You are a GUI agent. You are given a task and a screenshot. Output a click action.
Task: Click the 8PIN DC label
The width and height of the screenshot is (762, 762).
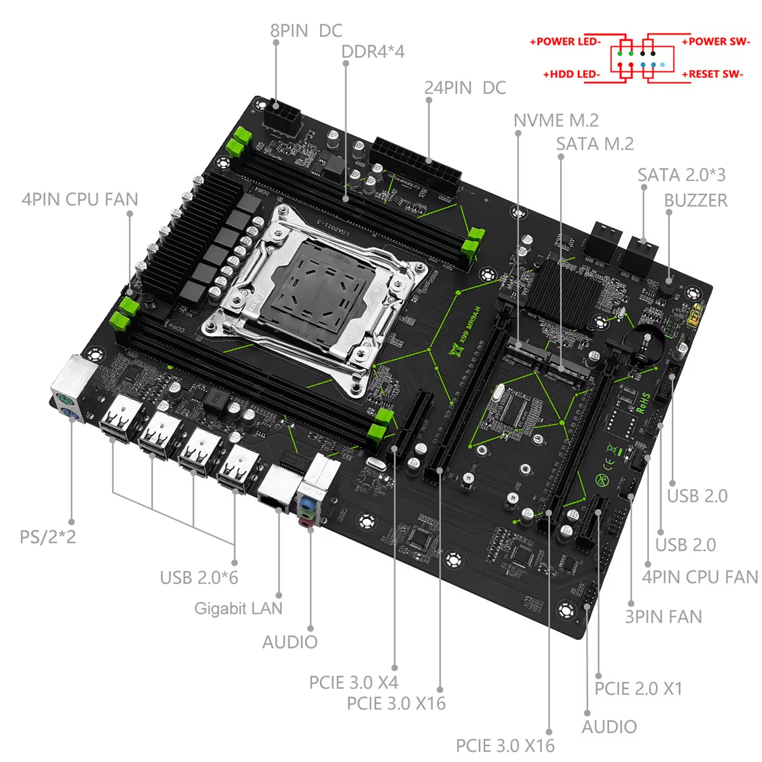pos(306,30)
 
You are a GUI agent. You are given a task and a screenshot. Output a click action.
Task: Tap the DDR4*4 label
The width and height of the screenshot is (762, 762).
pos(373,51)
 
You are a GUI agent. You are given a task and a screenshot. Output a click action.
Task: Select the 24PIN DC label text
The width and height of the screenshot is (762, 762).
pos(465,88)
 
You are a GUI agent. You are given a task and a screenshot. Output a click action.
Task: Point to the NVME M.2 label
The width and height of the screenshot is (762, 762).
pos(556,120)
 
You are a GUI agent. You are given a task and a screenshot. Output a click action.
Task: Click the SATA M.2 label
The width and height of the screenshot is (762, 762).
pos(594,144)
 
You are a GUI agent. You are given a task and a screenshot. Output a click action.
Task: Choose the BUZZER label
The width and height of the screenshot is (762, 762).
pos(695,200)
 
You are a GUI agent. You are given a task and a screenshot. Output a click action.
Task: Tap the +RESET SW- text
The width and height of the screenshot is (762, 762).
pos(712,74)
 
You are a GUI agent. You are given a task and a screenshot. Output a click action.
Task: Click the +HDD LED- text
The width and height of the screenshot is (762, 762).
pos(571,74)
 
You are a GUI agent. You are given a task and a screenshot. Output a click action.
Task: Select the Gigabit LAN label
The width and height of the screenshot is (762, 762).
pos(238,608)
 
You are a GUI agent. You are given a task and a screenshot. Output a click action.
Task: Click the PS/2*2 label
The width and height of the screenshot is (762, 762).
pos(48,537)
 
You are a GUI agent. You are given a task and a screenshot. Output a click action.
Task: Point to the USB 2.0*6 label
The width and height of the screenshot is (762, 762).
pos(199,578)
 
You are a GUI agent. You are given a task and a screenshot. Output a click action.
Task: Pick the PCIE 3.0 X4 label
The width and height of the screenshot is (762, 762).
pos(353,683)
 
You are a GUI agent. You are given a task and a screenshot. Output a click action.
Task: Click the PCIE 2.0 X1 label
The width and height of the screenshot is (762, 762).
pos(638,688)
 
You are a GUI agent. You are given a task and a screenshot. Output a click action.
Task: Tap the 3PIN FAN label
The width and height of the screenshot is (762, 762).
pos(664,617)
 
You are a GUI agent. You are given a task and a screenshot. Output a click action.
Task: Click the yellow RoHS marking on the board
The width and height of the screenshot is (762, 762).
pos(643,403)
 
